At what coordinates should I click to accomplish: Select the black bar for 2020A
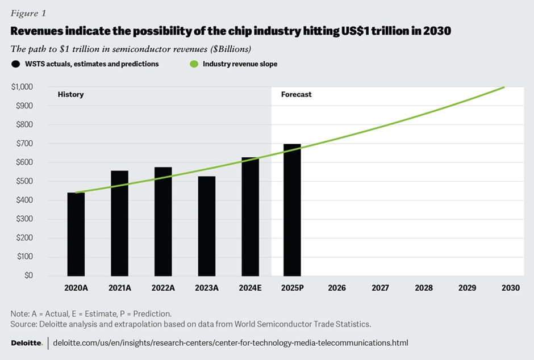[x=76, y=234]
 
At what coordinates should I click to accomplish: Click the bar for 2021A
[x=119, y=223]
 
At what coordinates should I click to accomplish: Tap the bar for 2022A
[x=163, y=221]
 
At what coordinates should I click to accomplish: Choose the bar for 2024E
[x=250, y=216]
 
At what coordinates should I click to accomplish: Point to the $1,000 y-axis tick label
[x=22, y=87]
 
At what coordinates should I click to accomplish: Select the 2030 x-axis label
[x=511, y=288]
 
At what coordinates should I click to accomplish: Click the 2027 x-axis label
[x=380, y=288]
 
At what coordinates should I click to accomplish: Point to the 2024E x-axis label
[x=250, y=288]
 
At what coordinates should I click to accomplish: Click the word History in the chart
[x=70, y=94]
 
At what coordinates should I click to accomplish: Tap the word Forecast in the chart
[x=296, y=94]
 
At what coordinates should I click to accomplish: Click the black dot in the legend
[x=15, y=64]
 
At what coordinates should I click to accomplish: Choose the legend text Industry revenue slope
[x=240, y=64]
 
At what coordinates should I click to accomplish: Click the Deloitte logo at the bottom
[x=27, y=343]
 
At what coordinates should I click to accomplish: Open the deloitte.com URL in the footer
[x=230, y=343]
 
